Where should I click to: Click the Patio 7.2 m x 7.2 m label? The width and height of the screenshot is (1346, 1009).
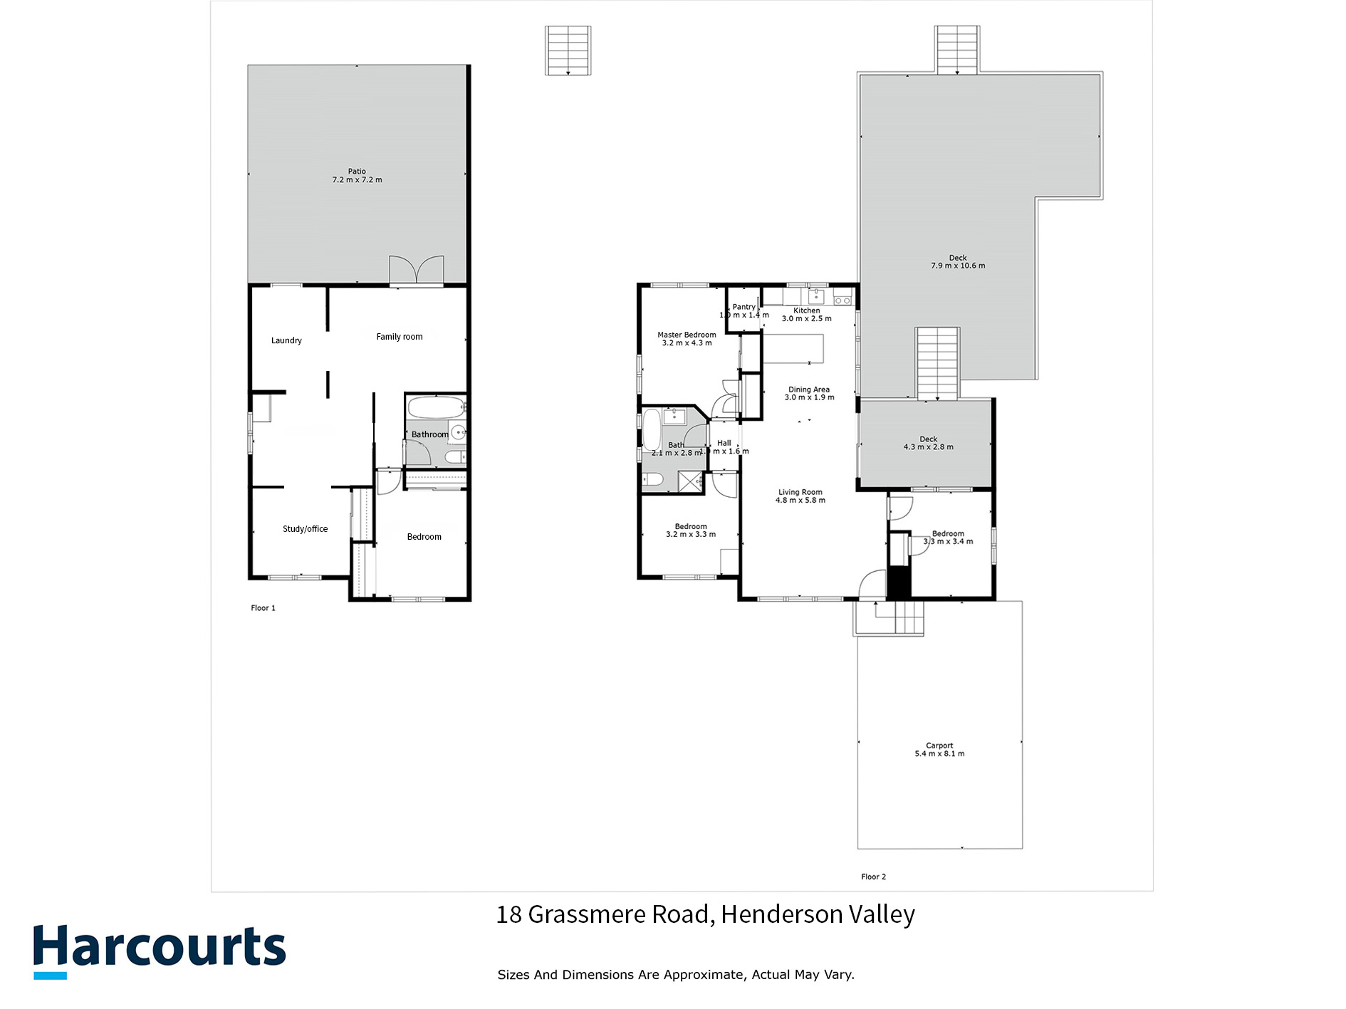click(x=357, y=176)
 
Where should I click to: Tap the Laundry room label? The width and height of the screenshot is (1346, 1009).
click(x=286, y=340)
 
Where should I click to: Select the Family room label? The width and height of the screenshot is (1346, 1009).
click(x=399, y=337)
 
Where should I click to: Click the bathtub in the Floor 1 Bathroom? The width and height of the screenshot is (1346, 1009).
click(x=434, y=409)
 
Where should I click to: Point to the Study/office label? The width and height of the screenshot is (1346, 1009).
click(x=305, y=529)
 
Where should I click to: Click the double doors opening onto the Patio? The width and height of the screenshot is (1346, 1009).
click(x=417, y=271)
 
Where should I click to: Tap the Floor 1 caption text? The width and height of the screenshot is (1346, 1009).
click(x=263, y=608)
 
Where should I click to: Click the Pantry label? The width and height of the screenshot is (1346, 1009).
click(x=744, y=307)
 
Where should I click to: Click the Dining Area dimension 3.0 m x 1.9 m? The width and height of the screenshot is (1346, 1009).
click(x=809, y=397)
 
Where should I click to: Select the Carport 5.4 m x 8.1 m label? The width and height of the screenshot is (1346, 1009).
click(x=939, y=750)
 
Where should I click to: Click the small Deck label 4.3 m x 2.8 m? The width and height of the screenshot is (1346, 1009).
click(x=928, y=444)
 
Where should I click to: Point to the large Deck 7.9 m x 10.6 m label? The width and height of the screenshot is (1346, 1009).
click(x=958, y=262)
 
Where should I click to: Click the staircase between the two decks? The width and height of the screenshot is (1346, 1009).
click(x=937, y=363)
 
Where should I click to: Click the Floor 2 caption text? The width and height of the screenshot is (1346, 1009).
click(x=873, y=877)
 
